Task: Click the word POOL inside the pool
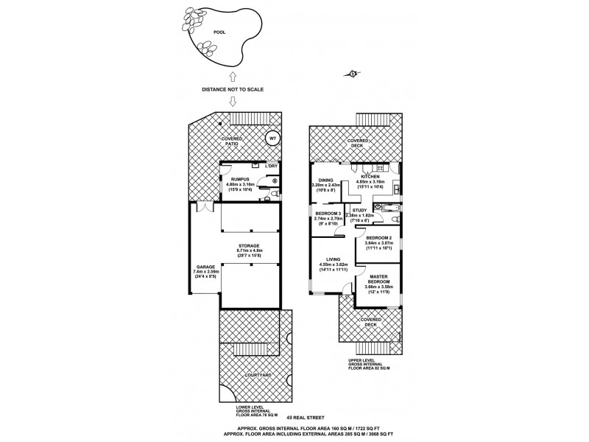(x=219, y=32)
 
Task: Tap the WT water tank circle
(x=272, y=138)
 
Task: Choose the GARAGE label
(x=205, y=267)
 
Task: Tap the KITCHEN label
(x=369, y=178)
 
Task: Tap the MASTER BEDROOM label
(x=377, y=278)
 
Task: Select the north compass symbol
(x=353, y=73)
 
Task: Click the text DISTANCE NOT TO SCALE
(x=233, y=89)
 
